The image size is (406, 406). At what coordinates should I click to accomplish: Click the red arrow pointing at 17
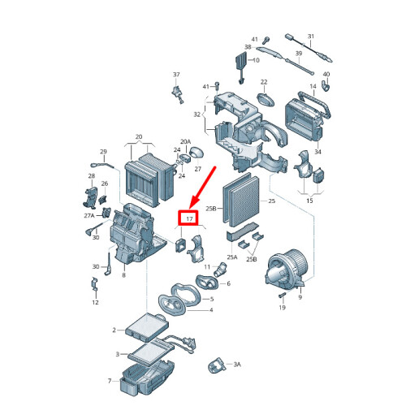click(202, 188)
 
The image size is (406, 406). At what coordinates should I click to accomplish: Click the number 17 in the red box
click(189, 218)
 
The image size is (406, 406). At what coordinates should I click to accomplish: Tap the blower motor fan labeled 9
click(287, 269)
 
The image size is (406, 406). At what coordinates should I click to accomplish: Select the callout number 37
click(176, 74)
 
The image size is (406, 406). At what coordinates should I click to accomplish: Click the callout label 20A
click(185, 141)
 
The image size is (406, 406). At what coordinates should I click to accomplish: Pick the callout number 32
click(197, 114)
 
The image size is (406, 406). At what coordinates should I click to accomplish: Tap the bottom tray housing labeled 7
click(147, 378)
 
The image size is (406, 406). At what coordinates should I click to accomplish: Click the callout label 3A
click(237, 365)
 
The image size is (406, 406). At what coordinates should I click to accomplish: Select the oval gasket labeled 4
click(172, 304)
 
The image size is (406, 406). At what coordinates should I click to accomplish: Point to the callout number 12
click(95, 302)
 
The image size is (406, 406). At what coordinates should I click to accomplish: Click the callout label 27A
click(89, 216)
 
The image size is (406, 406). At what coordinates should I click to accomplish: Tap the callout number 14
click(313, 86)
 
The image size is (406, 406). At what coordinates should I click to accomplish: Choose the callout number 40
click(326, 74)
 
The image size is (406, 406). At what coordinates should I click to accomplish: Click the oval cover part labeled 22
click(266, 100)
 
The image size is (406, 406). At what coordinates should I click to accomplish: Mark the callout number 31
click(311, 36)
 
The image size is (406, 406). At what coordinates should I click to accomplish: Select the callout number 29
click(103, 152)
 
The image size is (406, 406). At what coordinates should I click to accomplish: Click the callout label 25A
click(232, 257)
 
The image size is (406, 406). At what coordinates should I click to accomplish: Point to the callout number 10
click(256, 60)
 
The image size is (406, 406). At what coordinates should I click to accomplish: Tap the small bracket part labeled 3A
click(217, 365)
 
